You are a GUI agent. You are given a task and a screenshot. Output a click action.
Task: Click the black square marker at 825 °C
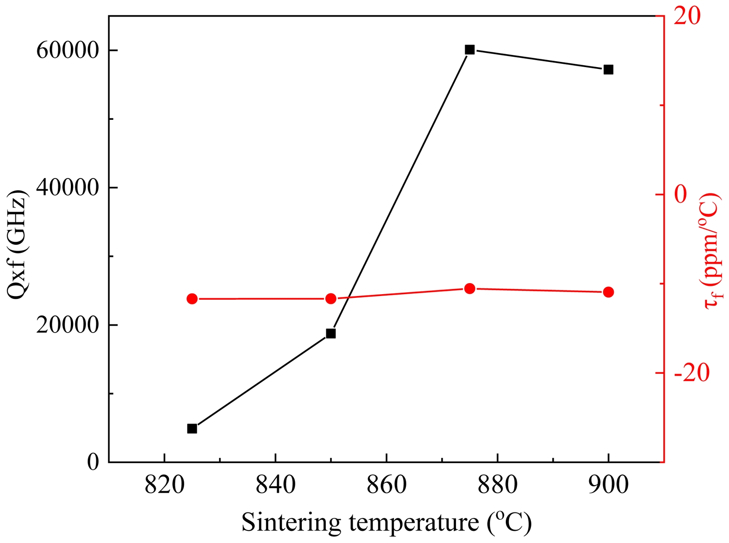click(x=192, y=429)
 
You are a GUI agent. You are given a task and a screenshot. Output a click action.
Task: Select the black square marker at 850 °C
click(x=330, y=333)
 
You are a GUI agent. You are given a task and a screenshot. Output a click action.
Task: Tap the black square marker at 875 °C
click(x=470, y=50)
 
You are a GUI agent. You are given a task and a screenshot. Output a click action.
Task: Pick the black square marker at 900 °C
click(x=608, y=69)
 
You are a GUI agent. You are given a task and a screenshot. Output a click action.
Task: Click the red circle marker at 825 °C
click(x=192, y=299)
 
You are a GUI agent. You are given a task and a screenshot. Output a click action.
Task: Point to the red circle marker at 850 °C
click(x=330, y=299)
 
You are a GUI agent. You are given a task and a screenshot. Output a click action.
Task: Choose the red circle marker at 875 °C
click(x=470, y=289)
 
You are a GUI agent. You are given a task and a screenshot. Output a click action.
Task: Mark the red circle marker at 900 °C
click(x=608, y=292)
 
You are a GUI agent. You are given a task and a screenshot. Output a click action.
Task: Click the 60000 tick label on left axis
click(x=68, y=50)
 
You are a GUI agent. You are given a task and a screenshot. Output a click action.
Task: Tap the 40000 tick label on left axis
click(x=68, y=187)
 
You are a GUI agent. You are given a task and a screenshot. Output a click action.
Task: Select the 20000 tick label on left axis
click(x=68, y=325)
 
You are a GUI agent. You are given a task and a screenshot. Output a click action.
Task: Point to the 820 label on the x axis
click(x=164, y=485)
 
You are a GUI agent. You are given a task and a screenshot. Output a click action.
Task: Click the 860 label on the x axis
click(x=386, y=485)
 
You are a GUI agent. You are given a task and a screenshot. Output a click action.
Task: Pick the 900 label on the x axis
click(x=608, y=485)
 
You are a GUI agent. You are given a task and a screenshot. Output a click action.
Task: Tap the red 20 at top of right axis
click(x=687, y=16)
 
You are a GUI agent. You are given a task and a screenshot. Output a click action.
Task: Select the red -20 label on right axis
click(x=692, y=373)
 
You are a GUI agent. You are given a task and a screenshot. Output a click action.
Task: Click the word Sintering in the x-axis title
click(x=292, y=523)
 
